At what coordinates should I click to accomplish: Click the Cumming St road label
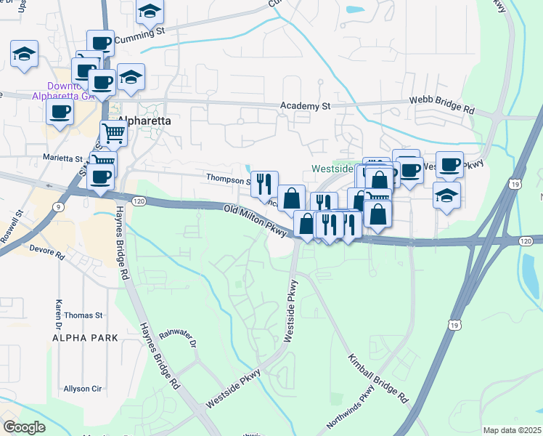[x=140, y=33]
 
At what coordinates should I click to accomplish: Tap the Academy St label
[x=306, y=106]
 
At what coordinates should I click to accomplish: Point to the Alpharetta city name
[x=144, y=121]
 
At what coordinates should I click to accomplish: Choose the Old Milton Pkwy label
[x=256, y=219]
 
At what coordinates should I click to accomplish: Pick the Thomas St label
[x=83, y=315]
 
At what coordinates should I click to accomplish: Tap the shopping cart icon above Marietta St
[x=114, y=133]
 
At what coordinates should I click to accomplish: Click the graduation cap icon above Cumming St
[x=150, y=11]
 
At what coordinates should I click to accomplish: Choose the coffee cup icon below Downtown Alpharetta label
[x=60, y=111]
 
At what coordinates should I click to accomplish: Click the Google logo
[x=24, y=427]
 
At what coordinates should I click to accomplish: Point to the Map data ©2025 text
[x=512, y=430]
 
